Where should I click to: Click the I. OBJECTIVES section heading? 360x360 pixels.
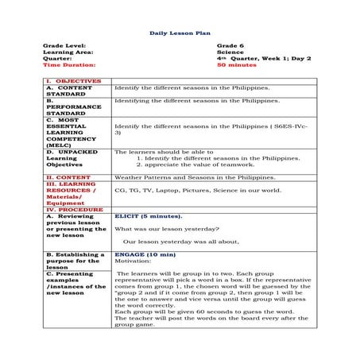coord(73,80)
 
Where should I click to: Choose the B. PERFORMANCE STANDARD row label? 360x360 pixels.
coord(74,107)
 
